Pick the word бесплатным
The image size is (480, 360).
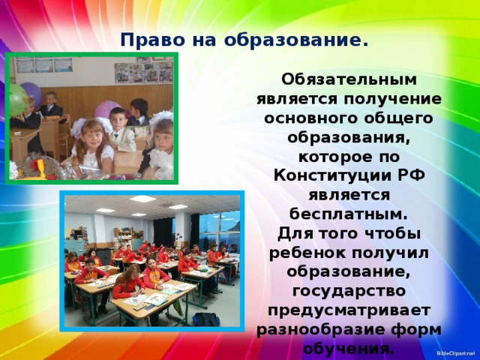coord(348,214)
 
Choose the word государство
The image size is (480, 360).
coord(349,291)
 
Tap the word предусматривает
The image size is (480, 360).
coord(349,310)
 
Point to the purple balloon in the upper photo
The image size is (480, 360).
coord(31,93)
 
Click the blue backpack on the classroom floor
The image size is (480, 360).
coord(206,319)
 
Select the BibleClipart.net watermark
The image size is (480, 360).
coord(457,353)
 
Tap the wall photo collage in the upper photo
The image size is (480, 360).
coord(144,72)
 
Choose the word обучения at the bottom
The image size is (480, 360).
coord(347,349)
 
